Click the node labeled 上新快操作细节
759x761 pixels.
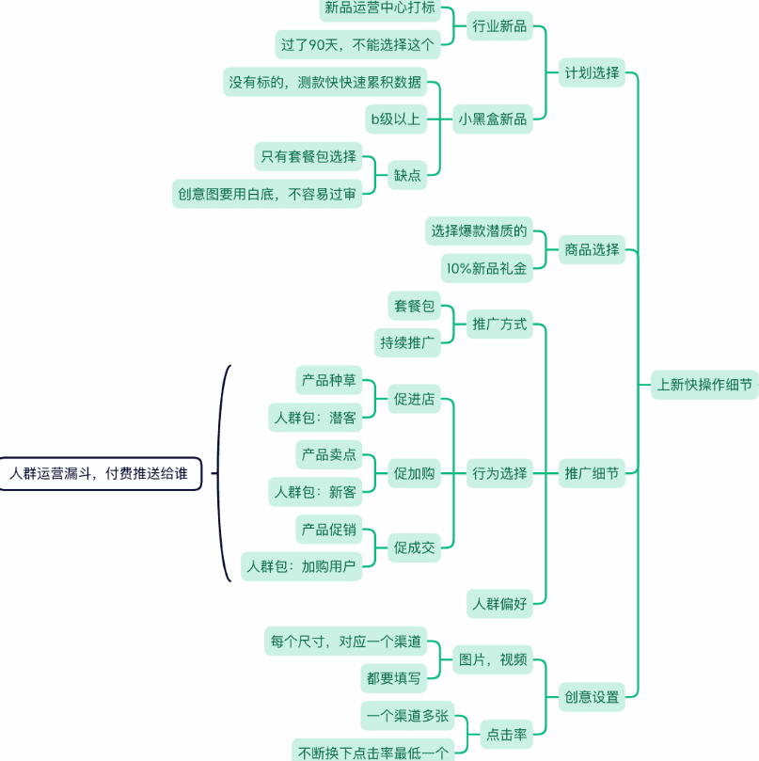click(x=704, y=384)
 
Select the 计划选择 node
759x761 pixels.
click(x=593, y=72)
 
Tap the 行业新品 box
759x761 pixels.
click(x=499, y=26)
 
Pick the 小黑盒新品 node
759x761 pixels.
click(x=493, y=118)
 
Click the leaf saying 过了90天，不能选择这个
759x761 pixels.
click(x=358, y=43)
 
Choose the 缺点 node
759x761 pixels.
click(x=408, y=173)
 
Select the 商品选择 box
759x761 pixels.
click(x=593, y=249)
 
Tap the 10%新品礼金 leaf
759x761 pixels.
click(x=486, y=268)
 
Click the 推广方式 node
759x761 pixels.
click(x=499, y=325)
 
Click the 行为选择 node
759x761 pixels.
click(x=499, y=473)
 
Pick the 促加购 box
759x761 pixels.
click(x=415, y=473)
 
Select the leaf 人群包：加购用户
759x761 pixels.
click(x=301, y=565)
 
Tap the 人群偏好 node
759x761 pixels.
click(x=499, y=603)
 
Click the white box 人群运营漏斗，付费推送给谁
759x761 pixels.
click(x=100, y=473)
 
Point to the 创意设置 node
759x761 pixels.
click(x=593, y=697)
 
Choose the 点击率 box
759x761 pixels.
click(x=506, y=734)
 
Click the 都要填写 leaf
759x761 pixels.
click(x=394, y=676)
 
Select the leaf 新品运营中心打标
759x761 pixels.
click(x=379, y=8)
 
